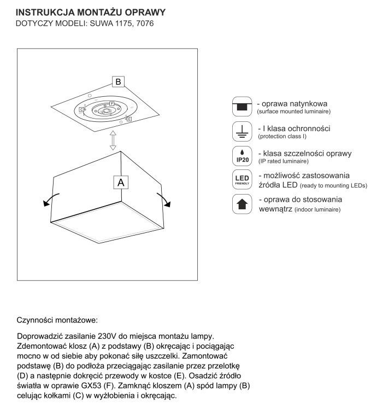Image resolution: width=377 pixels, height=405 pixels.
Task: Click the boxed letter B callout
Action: (118, 82)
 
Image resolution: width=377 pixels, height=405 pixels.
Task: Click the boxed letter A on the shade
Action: (121, 182)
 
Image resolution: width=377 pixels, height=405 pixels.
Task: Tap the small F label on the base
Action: (111, 103)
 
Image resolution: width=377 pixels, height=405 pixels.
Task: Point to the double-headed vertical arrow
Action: (113, 140)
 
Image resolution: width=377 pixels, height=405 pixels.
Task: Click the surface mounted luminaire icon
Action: (241, 106)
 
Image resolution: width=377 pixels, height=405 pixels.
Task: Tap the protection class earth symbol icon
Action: (241, 131)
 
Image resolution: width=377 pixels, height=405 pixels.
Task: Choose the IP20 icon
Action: (241, 156)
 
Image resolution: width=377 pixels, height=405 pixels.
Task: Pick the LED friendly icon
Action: (241, 180)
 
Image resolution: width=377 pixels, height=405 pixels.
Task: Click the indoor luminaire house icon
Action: (241, 204)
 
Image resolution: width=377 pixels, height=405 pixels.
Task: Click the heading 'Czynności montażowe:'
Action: (57, 318)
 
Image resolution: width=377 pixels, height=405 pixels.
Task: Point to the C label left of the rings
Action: (81, 110)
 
